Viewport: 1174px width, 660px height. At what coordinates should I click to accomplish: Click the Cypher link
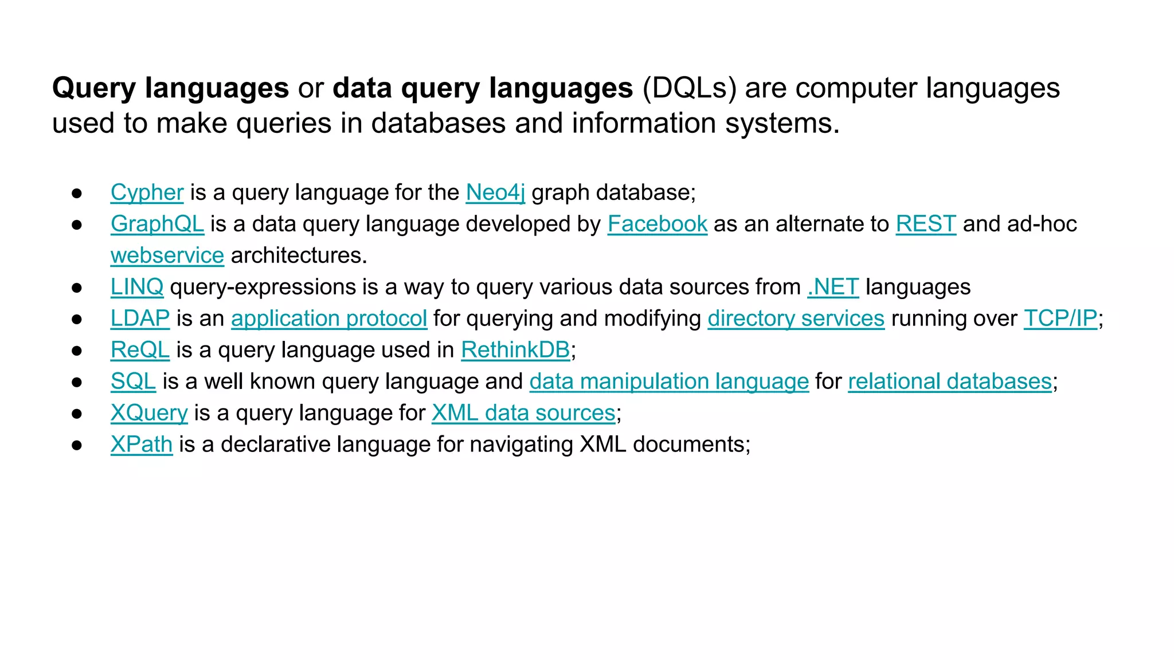(x=147, y=192)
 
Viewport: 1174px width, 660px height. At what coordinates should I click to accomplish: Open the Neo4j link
(x=495, y=192)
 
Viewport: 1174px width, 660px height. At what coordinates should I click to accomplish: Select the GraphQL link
(x=157, y=224)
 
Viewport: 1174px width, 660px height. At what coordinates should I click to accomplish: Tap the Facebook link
(x=658, y=224)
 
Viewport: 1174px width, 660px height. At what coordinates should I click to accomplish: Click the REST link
(x=926, y=224)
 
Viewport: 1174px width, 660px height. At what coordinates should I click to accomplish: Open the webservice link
(x=167, y=256)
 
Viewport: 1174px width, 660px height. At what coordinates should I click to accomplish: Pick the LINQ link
(x=137, y=287)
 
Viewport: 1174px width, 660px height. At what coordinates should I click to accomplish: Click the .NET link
(x=833, y=287)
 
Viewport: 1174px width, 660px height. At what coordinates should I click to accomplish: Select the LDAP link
(x=140, y=319)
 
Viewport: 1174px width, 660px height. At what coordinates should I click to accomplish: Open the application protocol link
(x=329, y=319)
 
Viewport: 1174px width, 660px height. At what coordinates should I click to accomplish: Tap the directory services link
(x=796, y=319)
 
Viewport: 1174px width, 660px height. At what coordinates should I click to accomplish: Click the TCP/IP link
(x=1060, y=319)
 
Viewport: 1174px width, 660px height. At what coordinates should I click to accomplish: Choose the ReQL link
(x=140, y=350)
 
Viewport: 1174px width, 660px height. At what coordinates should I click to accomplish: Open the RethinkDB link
(x=515, y=350)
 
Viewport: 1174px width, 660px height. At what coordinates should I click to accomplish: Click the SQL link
(x=133, y=382)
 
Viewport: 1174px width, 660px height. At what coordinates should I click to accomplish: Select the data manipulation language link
(x=669, y=382)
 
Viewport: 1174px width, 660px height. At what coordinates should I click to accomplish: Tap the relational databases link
(x=950, y=382)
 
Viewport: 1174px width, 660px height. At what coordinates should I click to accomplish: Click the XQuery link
(x=149, y=413)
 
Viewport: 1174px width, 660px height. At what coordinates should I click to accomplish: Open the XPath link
(x=141, y=445)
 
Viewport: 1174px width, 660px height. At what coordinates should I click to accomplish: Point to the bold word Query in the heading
(x=94, y=89)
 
